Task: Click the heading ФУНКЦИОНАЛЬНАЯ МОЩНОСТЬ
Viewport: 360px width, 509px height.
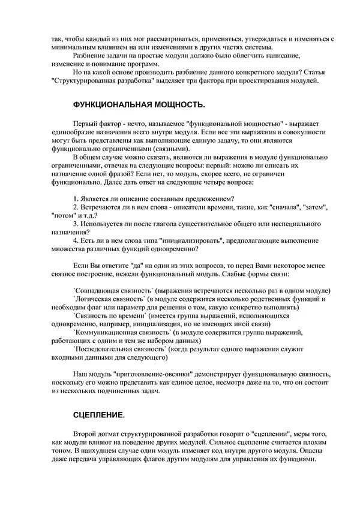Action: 139,105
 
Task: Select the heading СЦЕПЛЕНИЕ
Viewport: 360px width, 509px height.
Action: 99,415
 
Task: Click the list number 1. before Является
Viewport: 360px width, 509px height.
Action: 75,199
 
